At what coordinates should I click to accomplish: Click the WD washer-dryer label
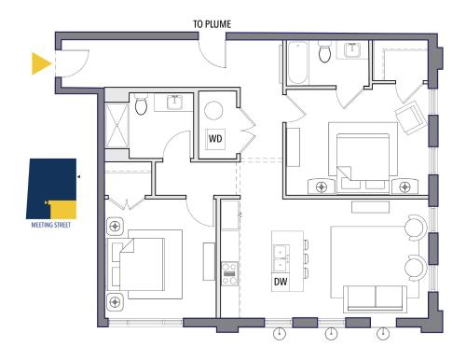[x=215, y=138]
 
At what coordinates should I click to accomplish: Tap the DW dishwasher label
[x=281, y=282]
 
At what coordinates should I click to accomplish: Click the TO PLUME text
[x=212, y=24]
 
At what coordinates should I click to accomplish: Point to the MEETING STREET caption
[x=51, y=225]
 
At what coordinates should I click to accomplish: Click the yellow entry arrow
[x=41, y=63]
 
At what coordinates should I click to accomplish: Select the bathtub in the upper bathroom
[x=297, y=63]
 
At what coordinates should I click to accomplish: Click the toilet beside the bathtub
[x=324, y=52]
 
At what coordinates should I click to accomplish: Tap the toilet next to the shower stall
[x=141, y=104]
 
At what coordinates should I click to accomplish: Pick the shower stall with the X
[x=116, y=126]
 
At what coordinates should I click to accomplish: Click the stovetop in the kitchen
[x=229, y=274]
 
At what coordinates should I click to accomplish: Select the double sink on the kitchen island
[x=281, y=257]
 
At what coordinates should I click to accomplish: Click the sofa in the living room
[x=375, y=298]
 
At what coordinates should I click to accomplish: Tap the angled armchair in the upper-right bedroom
[x=410, y=118]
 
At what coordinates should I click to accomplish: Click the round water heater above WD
[x=213, y=111]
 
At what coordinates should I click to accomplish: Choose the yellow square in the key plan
[x=63, y=210]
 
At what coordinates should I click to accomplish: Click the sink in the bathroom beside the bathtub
[x=352, y=50]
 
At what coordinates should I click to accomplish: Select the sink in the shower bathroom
[x=175, y=103]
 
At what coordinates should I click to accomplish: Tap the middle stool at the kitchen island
[x=307, y=258]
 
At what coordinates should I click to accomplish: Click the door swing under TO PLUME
[x=212, y=53]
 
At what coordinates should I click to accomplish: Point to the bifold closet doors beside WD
[x=248, y=130]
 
